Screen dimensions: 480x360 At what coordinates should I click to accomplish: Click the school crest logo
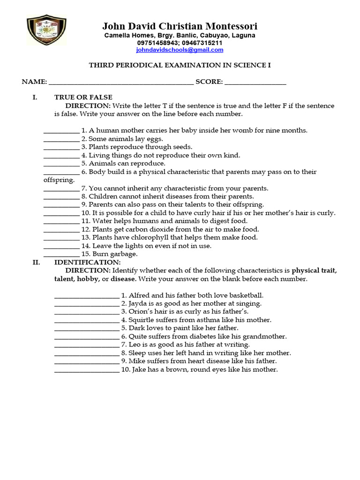coord(46,30)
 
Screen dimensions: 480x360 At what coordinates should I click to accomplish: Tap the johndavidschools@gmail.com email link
coord(180,50)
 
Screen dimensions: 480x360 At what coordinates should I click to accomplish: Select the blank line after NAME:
coord(121,82)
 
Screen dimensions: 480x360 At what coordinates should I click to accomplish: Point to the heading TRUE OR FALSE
coord(83,97)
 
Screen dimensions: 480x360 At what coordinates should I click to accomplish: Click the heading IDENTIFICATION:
coord(87,262)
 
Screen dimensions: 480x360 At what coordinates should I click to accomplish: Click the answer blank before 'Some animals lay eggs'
coord(61,139)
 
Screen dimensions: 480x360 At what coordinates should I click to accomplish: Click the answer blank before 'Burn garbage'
coord(61,255)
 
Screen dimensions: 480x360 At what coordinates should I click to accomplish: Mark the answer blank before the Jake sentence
coord(87,370)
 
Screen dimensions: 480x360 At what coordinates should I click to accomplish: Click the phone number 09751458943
coord(157,43)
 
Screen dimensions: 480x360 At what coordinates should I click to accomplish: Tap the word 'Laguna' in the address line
coord(243,36)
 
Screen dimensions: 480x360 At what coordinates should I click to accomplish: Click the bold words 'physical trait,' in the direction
coord(314,271)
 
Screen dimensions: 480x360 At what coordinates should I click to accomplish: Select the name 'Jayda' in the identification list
coord(138,304)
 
